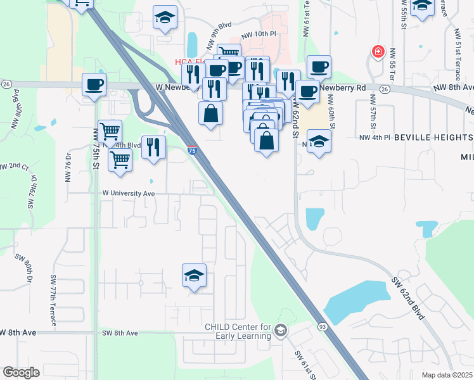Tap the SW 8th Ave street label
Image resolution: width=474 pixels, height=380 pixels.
click(x=120, y=332)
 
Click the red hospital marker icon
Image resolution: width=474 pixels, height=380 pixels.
click(x=378, y=51)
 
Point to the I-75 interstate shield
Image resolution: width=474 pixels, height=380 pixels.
click(x=192, y=150)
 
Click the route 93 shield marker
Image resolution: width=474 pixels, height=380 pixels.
click(x=322, y=326)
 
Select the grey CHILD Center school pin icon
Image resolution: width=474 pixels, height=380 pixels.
click(x=281, y=331)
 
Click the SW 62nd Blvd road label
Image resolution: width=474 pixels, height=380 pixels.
click(x=407, y=298)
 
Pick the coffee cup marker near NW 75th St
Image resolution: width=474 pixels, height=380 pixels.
click(x=94, y=85)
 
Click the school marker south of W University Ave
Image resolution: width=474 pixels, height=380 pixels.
click(x=195, y=275)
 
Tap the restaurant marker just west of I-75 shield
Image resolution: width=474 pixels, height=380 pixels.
click(x=153, y=148)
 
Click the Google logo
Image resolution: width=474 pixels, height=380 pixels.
click(x=21, y=372)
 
